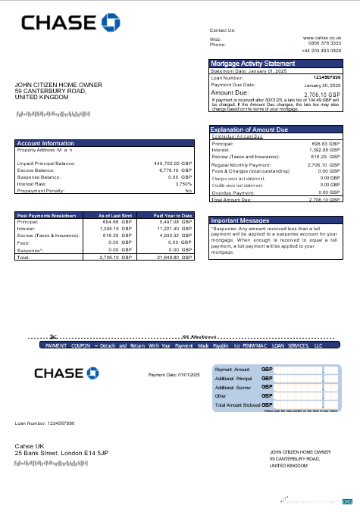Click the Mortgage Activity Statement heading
(253, 64)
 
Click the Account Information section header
(46, 143)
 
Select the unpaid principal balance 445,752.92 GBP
(174, 163)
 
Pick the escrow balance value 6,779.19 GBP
(176, 170)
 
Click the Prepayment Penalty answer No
(189, 190)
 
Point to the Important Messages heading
(239, 220)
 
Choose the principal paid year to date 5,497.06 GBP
(175, 222)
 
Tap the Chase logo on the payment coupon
(67, 373)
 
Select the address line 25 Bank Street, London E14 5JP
(62, 453)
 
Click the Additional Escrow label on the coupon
(233, 387)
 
